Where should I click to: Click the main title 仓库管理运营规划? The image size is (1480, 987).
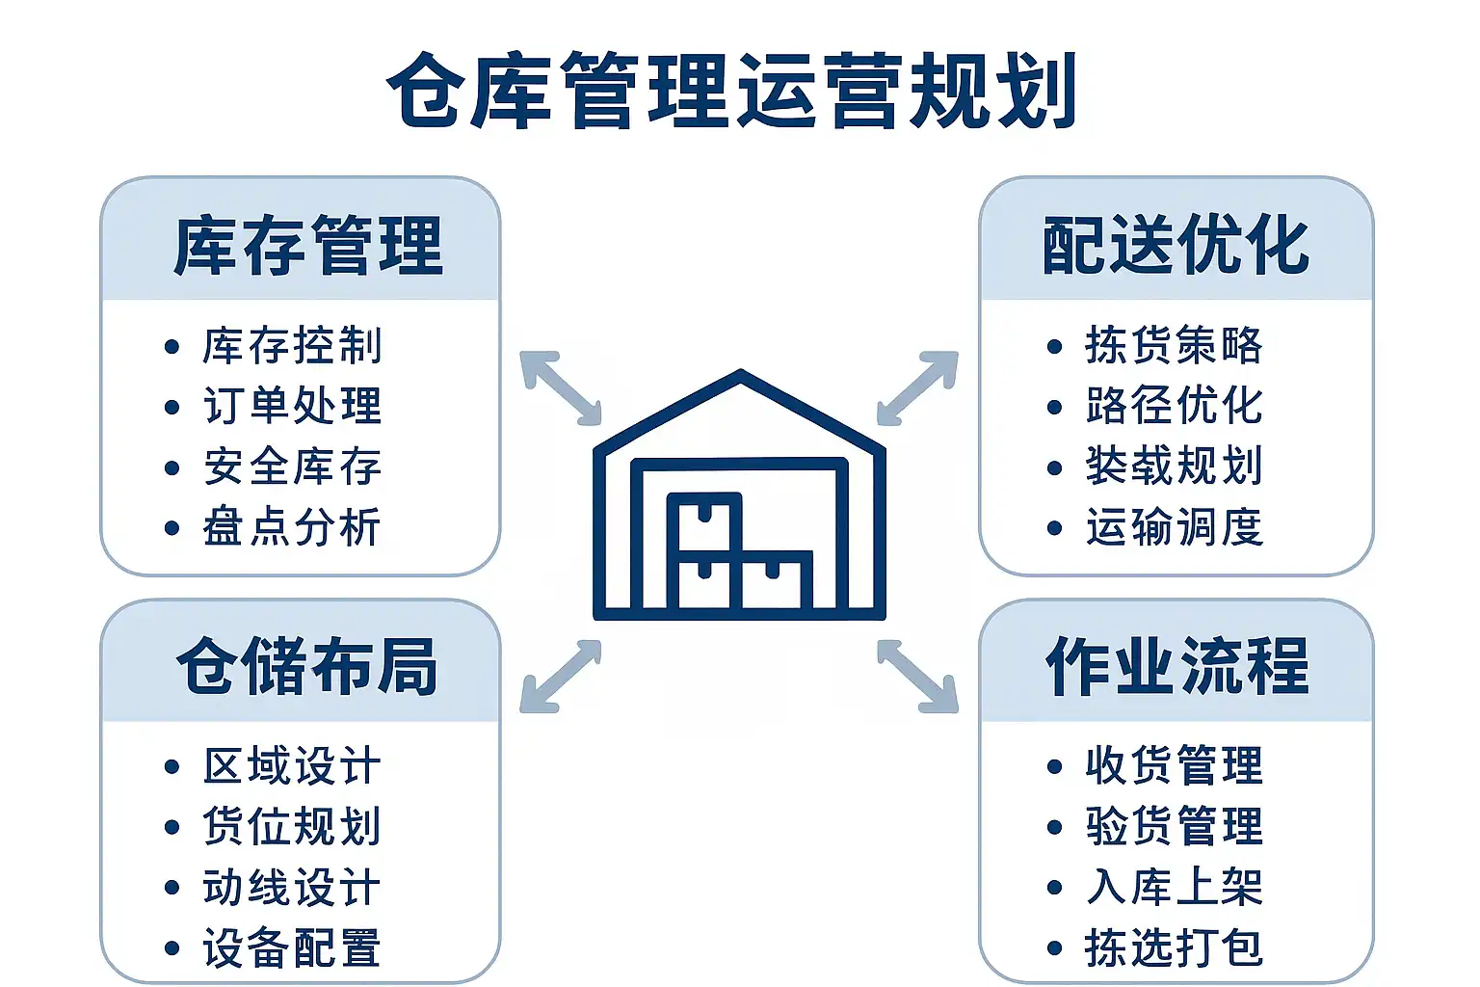point(732,92)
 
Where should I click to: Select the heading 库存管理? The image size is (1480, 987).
point(307,246)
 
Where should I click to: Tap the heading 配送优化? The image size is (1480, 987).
point(1176,245)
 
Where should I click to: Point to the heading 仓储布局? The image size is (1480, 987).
point(307,666)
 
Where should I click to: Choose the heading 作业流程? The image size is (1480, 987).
point(1177,666)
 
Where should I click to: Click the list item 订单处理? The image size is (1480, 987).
point(292,406)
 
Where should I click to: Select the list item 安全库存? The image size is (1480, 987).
point(292,467)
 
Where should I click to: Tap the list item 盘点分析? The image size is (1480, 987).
point(292,527)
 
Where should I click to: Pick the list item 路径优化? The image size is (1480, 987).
point(1174,406)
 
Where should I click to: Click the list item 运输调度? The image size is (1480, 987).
point(1174,527)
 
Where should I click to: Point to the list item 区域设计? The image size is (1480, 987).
point(292,766)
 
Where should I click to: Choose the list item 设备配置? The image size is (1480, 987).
point(292,948)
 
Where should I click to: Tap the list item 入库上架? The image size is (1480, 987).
point(1174,887)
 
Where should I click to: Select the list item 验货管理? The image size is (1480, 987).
point(1174,826)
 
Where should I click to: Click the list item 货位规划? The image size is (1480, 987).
point(292,826)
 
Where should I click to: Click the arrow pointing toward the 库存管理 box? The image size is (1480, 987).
point(560,387)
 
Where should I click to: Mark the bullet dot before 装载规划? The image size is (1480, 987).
point(1054,467)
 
